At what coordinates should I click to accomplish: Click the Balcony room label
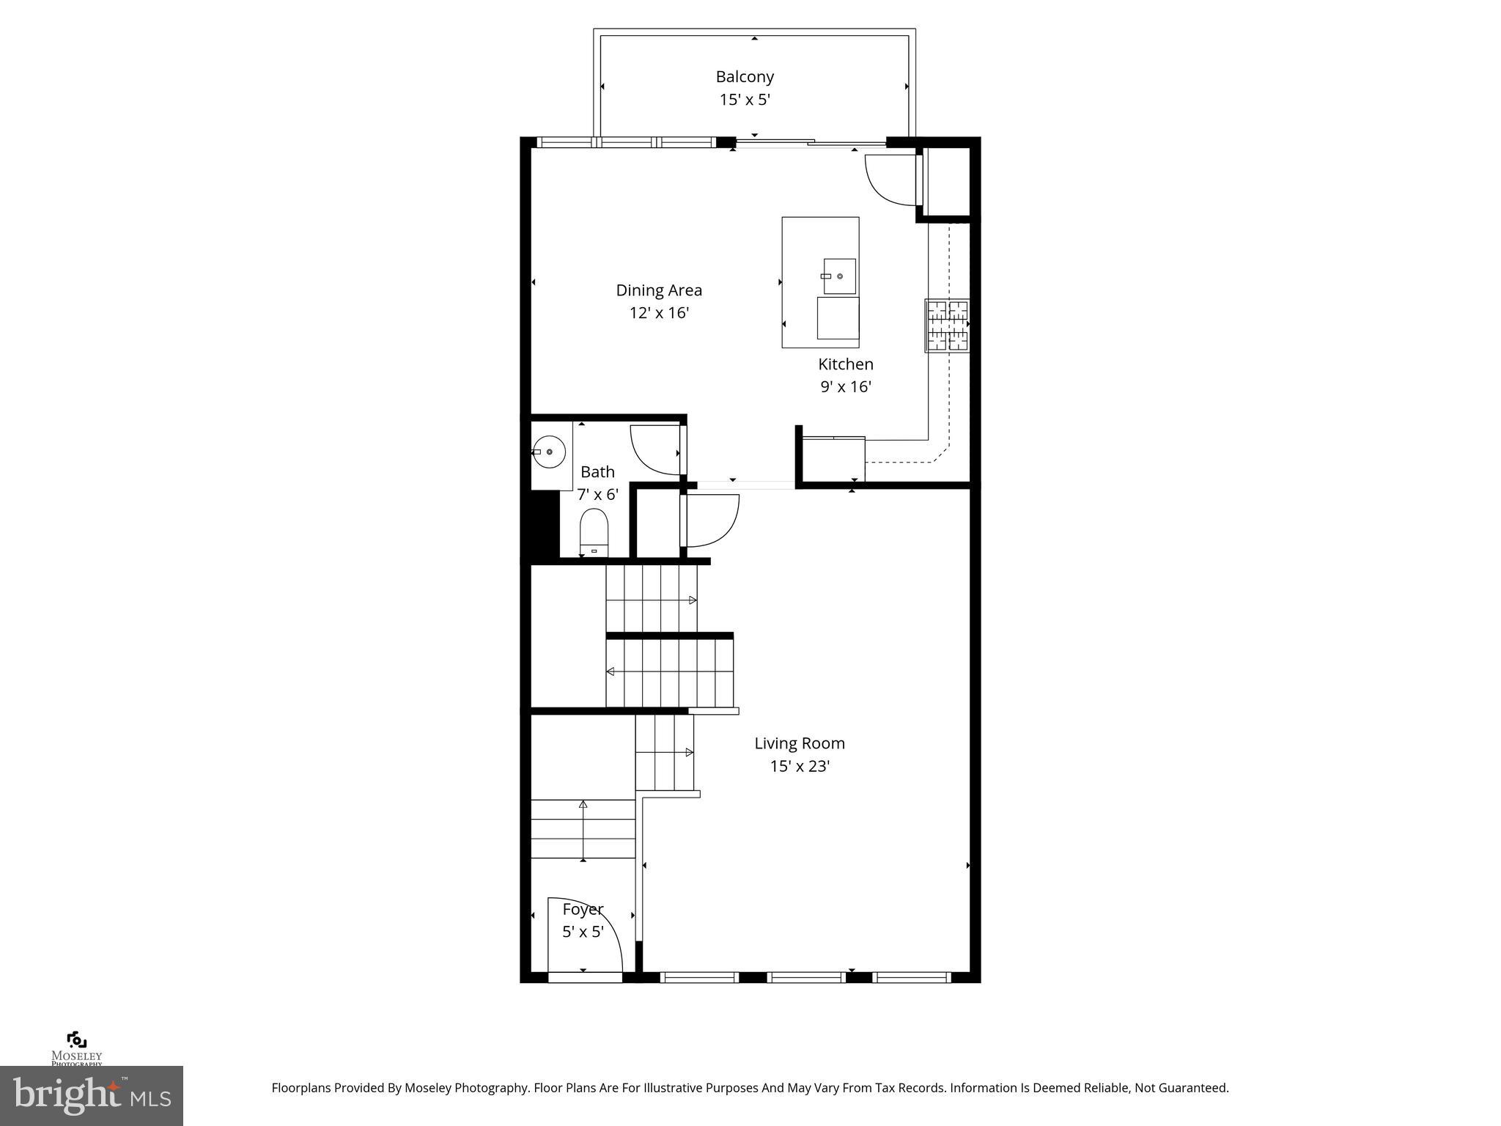point(745,76)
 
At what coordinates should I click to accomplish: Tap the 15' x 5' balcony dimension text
point(745,100)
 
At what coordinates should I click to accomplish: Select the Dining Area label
point(659,290)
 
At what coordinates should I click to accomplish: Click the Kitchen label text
point(846,364)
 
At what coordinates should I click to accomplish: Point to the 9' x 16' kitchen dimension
point(846,387)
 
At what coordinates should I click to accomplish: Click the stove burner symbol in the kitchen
point(948,325)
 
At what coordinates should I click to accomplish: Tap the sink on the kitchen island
point(839,276)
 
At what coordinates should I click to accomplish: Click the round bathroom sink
point(550,452)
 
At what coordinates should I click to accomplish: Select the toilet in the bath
point(594,531)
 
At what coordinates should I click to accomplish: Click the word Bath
point(597,472)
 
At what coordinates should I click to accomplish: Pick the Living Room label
point(800,743)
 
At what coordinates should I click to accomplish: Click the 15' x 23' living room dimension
point(800,767)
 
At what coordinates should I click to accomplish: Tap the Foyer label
point(583,910)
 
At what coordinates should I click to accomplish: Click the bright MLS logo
point(92,1095)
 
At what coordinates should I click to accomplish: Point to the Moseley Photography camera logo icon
point(77,1039)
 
